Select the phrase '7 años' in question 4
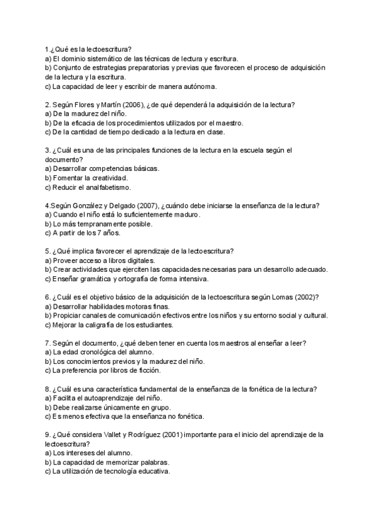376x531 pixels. (100, 233)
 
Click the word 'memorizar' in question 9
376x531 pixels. (113, 462)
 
